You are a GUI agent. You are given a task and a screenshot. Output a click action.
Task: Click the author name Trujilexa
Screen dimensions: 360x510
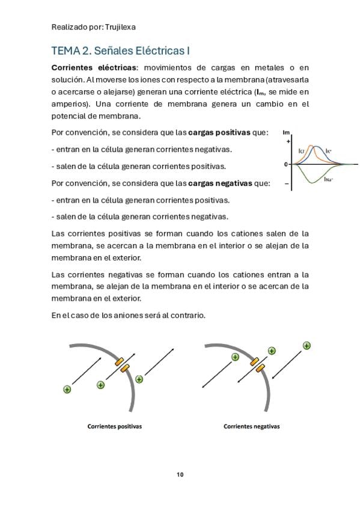tap(120, 27)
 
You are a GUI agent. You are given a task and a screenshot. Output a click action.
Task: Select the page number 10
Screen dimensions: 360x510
tap(180, 475)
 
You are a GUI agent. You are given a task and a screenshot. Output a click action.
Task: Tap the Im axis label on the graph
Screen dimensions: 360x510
tap(286, 132)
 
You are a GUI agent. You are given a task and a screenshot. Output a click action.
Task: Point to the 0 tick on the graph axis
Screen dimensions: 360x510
tap(286, 164)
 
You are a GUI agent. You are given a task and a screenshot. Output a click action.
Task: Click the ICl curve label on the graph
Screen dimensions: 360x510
tap(301, 151)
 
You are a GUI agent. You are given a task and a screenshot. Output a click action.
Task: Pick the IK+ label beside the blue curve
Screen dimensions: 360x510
tap(329, 151)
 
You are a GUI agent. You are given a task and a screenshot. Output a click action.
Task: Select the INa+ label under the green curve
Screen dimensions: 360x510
tap(329, 179)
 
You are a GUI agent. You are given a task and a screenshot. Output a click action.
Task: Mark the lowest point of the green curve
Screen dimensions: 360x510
tap(313, 183)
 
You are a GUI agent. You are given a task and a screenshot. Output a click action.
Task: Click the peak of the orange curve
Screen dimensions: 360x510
tap(311, 146)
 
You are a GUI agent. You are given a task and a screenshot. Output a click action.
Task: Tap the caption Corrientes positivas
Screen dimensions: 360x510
tap(115, 426)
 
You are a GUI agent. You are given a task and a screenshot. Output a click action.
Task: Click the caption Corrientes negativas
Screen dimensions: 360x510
tap(251, 426)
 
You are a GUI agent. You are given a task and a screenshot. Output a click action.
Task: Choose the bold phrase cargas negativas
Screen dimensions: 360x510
tap(220, 183)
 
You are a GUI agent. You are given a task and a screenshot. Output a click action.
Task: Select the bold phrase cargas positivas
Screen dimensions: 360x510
tap(219, 133)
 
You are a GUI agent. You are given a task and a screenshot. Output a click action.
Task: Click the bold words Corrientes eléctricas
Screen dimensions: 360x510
tap(94, 67)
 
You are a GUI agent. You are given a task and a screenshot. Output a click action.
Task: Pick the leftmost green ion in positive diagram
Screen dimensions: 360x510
tap(67, 389)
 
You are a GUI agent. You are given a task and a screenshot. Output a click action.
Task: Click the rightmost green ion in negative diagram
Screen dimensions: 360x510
tap(307, 345)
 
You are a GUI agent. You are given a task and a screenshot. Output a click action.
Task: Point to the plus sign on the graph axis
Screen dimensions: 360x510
tap(288, 141)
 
